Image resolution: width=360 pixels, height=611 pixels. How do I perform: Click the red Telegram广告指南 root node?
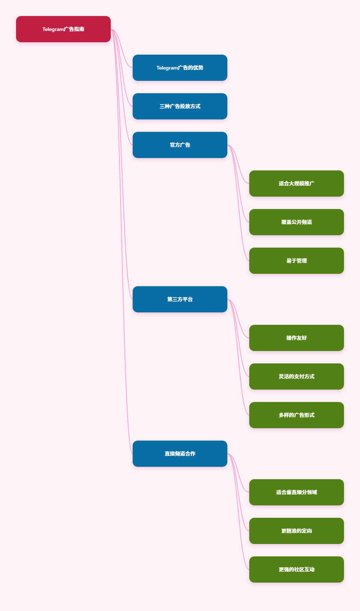click(63, 29)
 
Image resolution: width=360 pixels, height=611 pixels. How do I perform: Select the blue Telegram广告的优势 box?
click(180, 68)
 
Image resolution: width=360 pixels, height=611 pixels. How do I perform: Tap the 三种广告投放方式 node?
click(180, 106)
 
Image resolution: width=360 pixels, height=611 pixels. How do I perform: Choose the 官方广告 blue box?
click(180, 145)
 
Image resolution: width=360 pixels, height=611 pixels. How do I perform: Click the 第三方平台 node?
click(180, 299)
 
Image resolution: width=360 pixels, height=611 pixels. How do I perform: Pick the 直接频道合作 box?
click(180, 454)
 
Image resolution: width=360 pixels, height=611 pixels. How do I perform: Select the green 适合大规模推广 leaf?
click(296, 184)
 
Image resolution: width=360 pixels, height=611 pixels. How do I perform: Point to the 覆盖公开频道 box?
click(296, 222)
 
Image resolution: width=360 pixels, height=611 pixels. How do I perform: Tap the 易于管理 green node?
click(296, 261)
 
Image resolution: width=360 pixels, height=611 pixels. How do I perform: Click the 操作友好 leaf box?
click(296, 338)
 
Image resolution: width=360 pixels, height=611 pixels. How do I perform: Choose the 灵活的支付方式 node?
click(296, 377)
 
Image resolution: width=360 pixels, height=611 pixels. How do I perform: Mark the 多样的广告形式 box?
click(296, 415)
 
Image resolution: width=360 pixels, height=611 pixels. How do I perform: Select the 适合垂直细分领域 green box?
click(296, 492)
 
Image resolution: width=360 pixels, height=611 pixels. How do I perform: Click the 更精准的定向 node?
click(296, 531)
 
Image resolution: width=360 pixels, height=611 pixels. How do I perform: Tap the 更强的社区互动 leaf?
click(296, 569)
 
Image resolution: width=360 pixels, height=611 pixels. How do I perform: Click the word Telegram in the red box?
click(53, 29)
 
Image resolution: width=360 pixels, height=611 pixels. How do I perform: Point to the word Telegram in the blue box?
click(167, 68)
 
